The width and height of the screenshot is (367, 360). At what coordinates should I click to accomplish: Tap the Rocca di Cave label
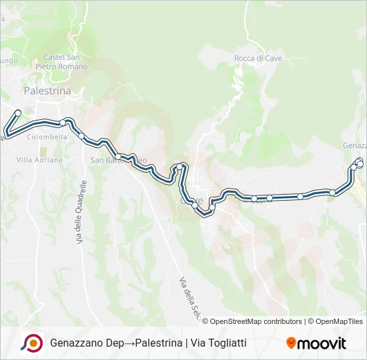(258, 59)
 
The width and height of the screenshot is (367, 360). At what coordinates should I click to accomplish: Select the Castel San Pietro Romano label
(65, 62)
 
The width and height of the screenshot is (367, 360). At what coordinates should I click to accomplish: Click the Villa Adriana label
(39, 160)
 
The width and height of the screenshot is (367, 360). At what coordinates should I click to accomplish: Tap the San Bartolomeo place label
(119, 161)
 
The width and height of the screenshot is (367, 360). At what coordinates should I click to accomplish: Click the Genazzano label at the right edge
(354, 145)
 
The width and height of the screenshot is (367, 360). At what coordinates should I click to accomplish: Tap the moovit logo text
(322, 343)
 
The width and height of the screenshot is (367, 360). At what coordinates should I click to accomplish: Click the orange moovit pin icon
(291, 343)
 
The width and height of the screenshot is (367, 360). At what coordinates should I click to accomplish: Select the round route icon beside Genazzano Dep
(32, 343)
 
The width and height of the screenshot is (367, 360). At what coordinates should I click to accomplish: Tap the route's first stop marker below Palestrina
(18, 113)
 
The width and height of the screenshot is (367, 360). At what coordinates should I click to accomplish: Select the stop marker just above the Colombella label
(63, 123)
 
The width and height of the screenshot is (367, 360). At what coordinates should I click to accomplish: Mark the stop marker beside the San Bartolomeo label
(117, 157)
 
